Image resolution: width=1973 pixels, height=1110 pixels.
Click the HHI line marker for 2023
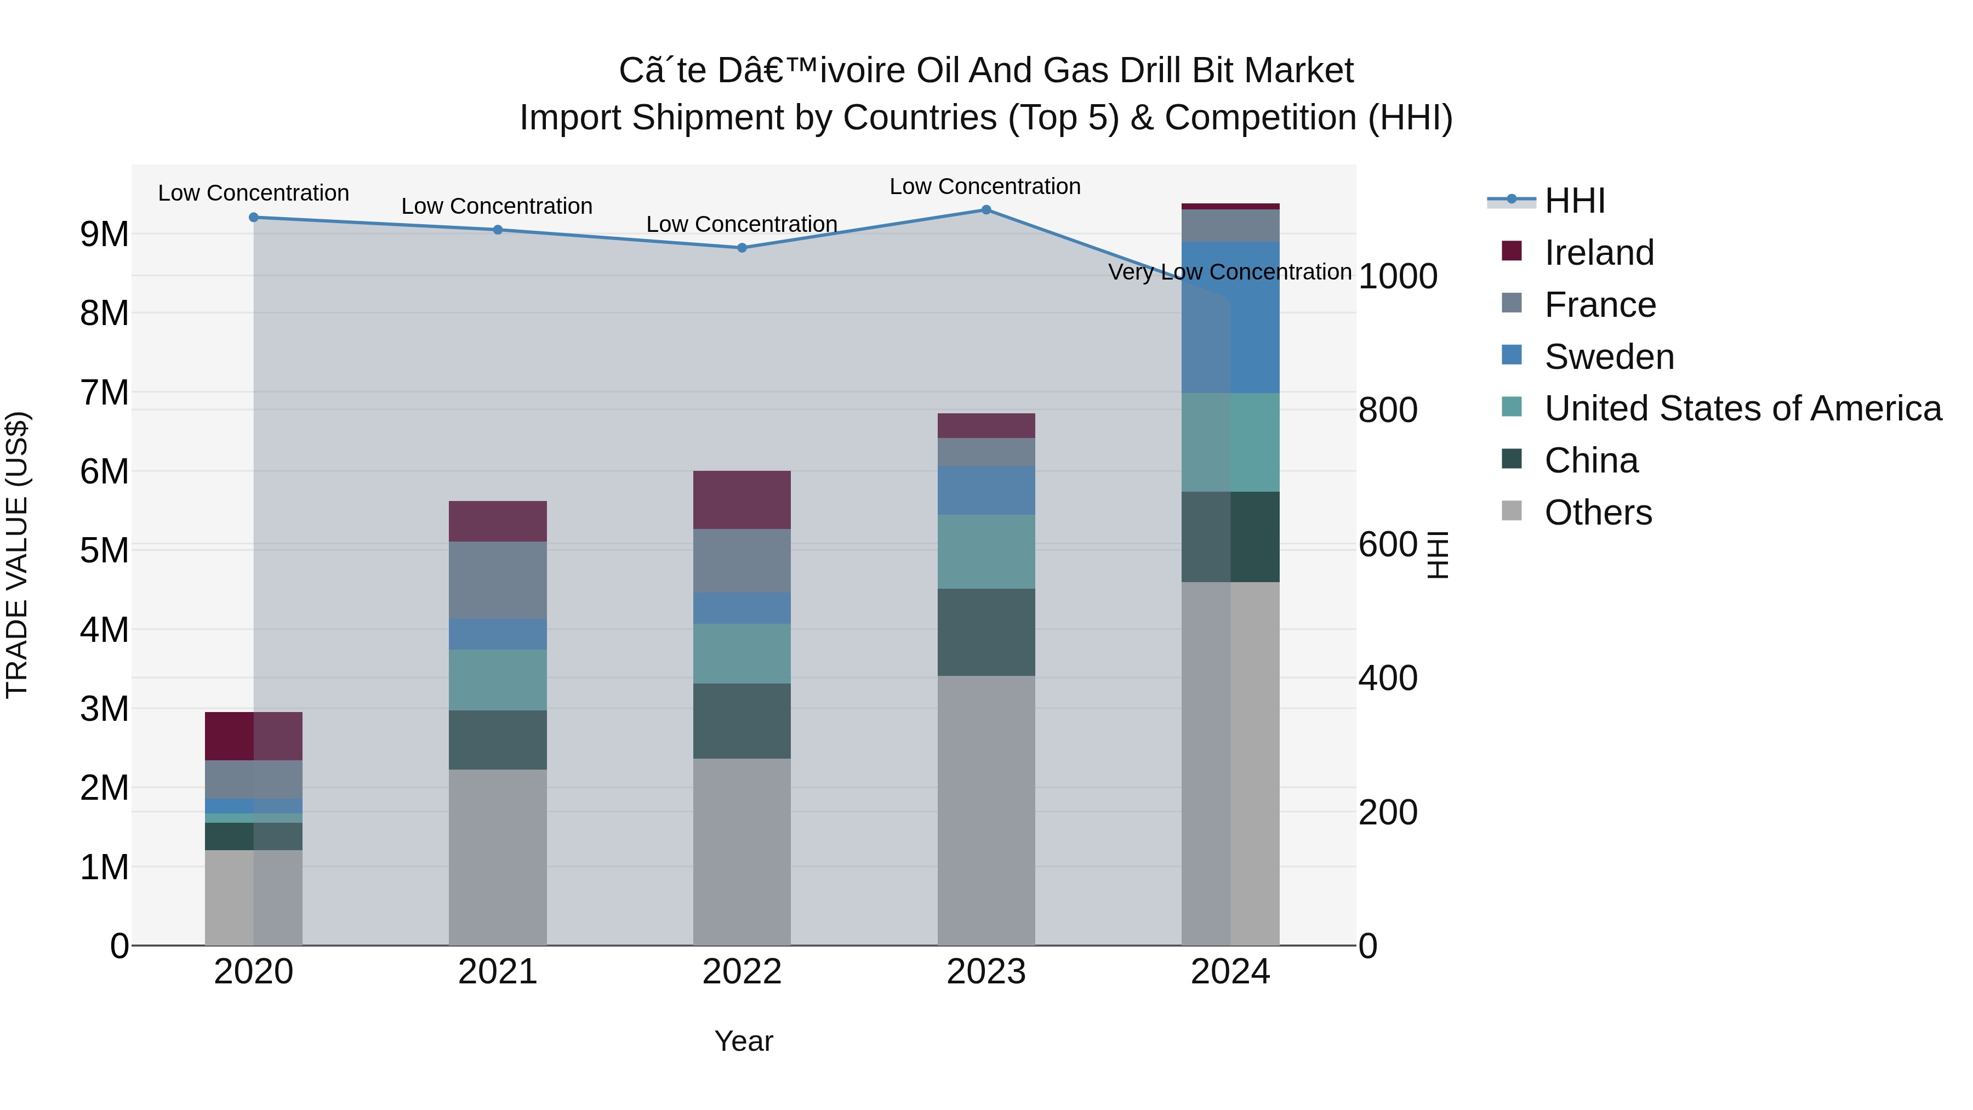[986, 210]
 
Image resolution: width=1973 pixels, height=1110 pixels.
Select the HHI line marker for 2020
[254, 218]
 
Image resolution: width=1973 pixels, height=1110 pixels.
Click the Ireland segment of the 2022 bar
[742, 499]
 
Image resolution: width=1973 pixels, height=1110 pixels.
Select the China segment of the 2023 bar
[986, 632]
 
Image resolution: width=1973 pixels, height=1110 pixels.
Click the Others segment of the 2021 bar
[497, 856]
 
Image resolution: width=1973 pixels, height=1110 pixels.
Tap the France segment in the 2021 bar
[497, 580]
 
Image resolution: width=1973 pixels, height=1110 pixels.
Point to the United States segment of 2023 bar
[986, 551]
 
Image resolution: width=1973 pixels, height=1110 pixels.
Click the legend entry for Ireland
[1599, 253]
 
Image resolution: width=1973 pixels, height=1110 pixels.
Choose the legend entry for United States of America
[1742, 408]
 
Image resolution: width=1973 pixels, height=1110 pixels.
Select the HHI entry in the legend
[1574, 201]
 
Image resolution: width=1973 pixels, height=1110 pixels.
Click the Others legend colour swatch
[1511, 511]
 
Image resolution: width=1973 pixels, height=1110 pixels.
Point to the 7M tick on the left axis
[105, 393]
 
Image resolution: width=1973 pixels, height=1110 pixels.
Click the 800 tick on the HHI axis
[1387, 410]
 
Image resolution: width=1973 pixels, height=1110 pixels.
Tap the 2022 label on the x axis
[742, 972]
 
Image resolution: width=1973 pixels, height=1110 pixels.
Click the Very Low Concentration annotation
[1229, 272]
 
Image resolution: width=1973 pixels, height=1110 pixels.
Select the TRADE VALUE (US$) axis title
[18, 555]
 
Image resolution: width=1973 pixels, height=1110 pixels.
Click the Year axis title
[743, 1041]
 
